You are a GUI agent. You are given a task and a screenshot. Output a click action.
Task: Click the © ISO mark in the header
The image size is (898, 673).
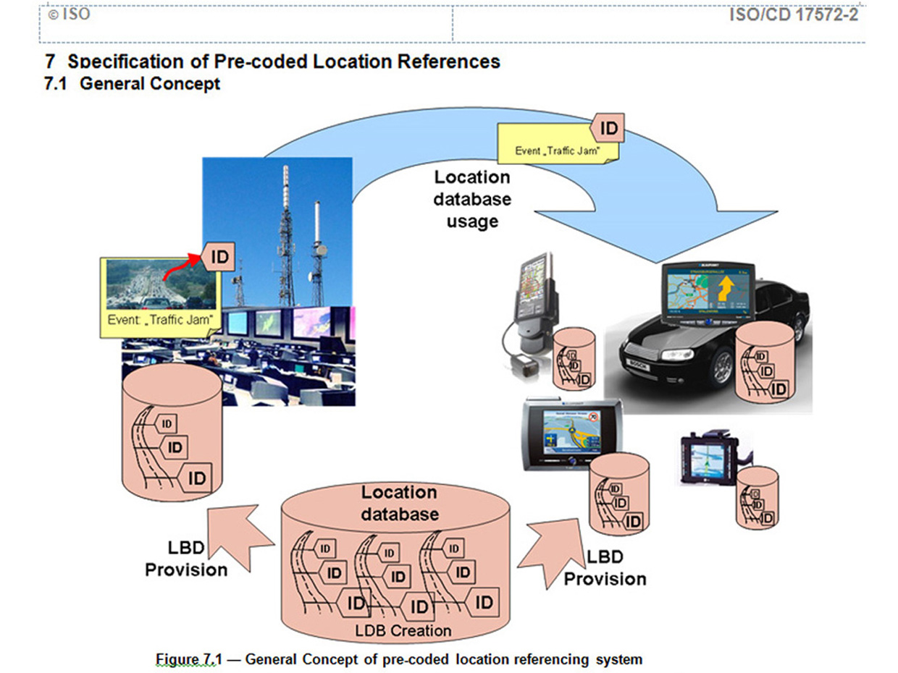69,14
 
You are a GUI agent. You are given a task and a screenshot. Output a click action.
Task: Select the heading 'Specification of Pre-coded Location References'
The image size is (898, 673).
283,62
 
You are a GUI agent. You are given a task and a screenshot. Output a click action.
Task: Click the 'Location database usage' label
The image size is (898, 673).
472,199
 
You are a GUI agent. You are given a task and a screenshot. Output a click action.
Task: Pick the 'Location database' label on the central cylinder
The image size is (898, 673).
399,503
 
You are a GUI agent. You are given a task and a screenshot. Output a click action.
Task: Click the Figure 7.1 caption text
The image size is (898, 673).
399,659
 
